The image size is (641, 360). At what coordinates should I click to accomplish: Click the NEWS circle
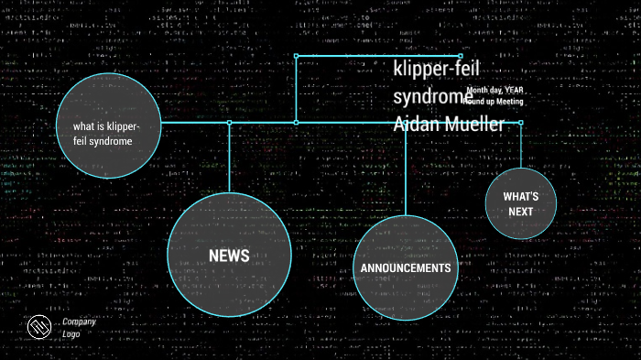[x=229, y=255]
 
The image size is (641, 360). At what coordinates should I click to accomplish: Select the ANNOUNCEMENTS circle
[x=405, y=267]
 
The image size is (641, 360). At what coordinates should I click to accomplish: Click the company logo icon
[x=37, y=328]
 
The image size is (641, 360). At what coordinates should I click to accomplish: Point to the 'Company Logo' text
[x=79, y=328]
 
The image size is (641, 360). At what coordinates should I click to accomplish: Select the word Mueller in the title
[x=476, y=124]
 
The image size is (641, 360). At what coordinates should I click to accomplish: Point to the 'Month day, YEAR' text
[x=495, y=91]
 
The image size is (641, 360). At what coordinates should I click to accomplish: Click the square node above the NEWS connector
[x=230, y=122]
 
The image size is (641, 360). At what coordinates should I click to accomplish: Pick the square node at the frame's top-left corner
[x=296, y=56]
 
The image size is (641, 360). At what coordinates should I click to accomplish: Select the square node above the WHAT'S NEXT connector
[x=520, y=122]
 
